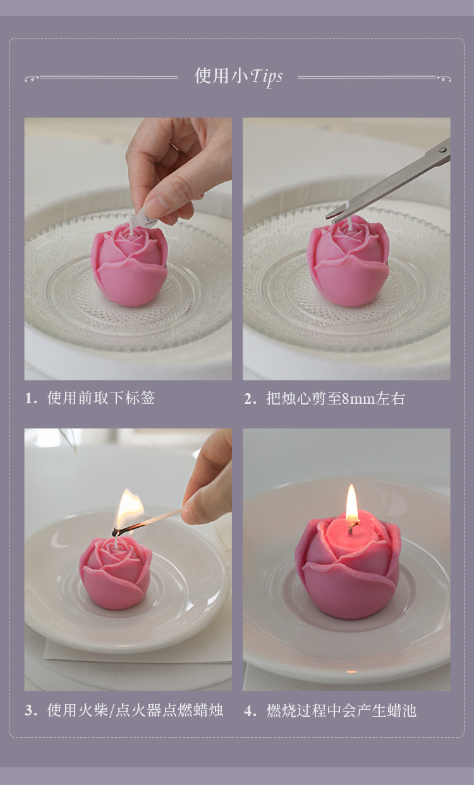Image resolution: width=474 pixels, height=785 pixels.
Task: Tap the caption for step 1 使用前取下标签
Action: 100,398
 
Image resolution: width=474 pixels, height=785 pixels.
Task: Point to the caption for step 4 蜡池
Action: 341,711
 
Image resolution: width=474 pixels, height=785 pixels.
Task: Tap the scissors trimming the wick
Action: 392,183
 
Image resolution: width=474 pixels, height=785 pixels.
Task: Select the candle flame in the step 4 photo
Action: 352,503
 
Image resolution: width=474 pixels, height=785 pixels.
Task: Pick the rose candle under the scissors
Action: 348,262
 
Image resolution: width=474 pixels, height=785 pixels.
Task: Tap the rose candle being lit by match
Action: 116,572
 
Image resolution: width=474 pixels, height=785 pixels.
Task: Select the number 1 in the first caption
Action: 28,398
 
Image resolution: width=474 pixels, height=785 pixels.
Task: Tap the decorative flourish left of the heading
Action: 101,78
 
